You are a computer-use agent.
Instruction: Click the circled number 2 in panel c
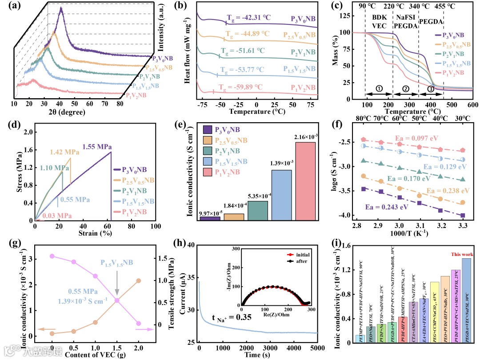pyautogui.click(x=405, y=89)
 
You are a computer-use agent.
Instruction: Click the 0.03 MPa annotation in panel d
pyautogui.click(x=56, y=216)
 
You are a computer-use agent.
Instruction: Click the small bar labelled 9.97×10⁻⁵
pyautogui.click(x=210, y=218)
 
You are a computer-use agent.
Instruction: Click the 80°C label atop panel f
pyautogui.click(x=363, y=119)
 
